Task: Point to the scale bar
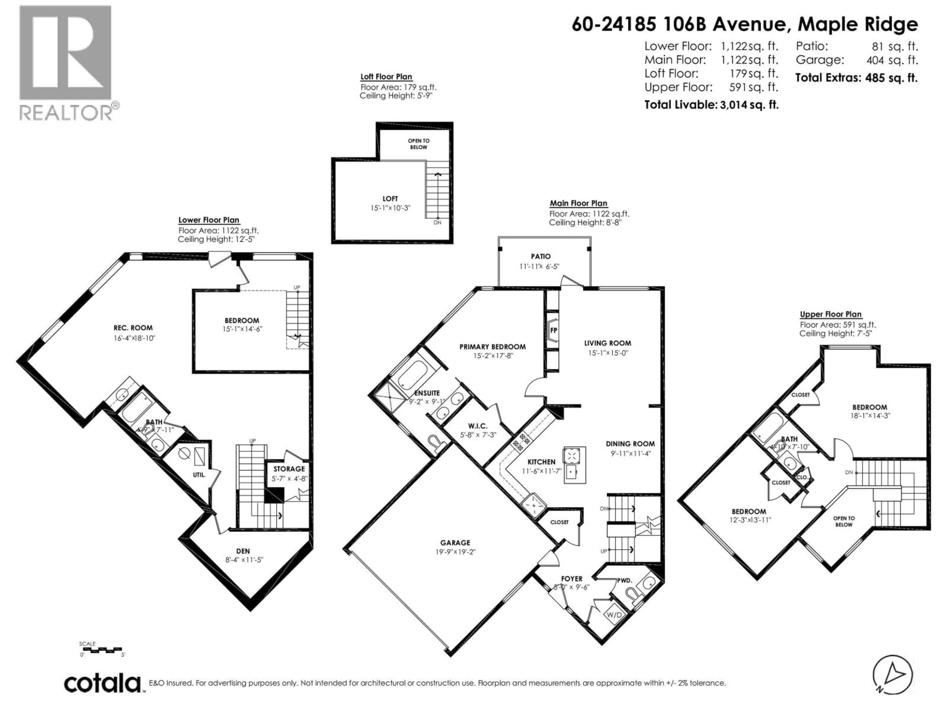(101, 651)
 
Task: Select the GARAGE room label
(455, 543)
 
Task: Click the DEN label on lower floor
(243, 551)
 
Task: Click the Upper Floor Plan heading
(830, 314)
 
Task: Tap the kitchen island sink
(571, 473)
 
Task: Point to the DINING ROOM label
(630, 444)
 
